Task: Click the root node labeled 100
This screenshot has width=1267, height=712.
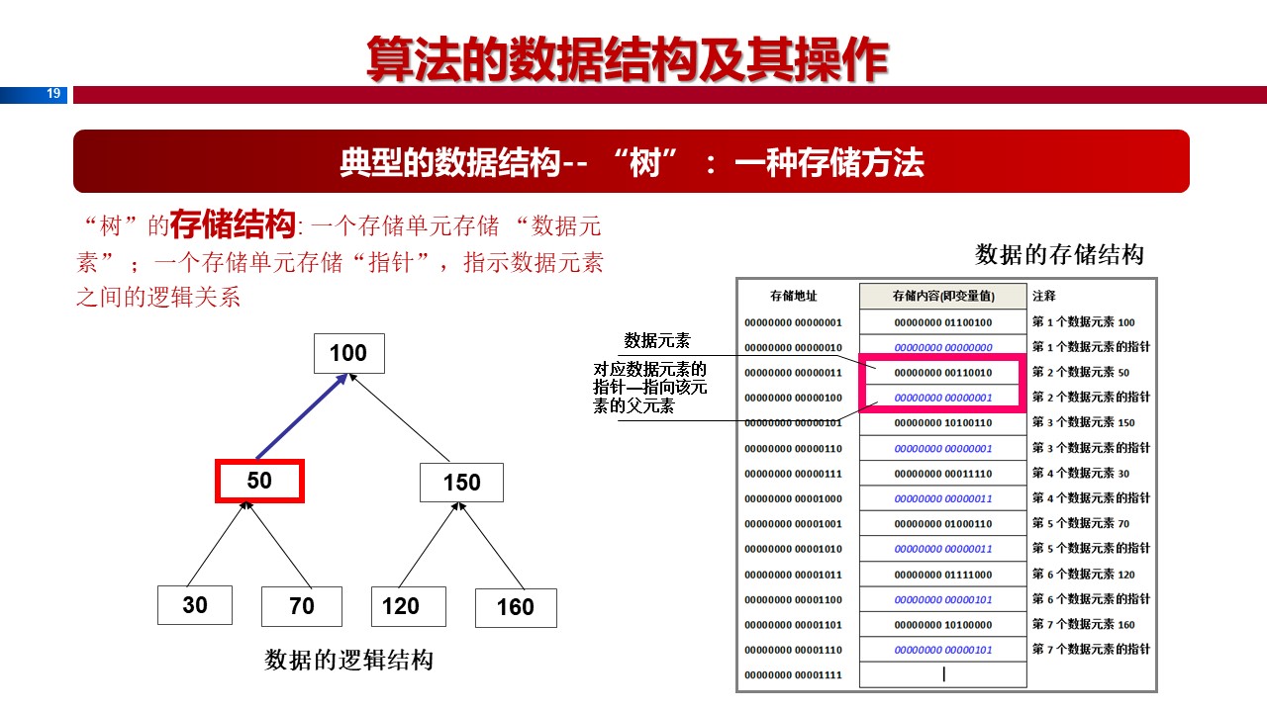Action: pyautogui.click(x=347, y=354)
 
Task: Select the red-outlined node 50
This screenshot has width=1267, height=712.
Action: pyautogui.click(x=259, y=482)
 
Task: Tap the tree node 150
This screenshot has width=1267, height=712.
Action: pyautogui.click(x=461, y=483)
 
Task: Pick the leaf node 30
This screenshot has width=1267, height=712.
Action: pyautogui.click(x=195, y=605)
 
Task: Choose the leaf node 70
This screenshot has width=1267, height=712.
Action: pyautogui.click(x=302, y=606)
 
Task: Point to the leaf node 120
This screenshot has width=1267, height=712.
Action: pyautogui.click(x=401, y=606)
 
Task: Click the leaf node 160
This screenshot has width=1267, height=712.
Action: pyautogui.click(x=515, y=607)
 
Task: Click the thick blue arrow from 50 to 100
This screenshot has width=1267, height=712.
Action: pyautogui.click(x=300, y=418)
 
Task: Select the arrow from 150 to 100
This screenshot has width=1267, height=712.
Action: pyautogui.click(x=402, y=419)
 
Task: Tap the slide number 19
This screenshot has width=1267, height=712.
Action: pyautogui.click(x=53, y=94)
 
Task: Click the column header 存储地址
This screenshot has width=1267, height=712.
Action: pyautogui.click(x=794, y=296)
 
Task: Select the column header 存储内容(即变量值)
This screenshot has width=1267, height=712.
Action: pyautogui.click(x=943, y=296)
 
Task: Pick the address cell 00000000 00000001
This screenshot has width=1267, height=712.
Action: pyautogui.click(x=794, y=322)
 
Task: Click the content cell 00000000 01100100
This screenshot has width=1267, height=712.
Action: pyautogui.click(x=943, y=322)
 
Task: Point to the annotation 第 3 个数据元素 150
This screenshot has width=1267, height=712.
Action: pyautogui.click(x=1084, y=423)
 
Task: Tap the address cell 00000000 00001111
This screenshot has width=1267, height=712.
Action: pyautogui.click(x=794, y=675)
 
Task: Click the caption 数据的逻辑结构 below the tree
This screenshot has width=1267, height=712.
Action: pyautogui.click(x=349, y=661)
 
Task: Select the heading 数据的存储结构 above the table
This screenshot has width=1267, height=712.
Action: pyautogui.click(x=1059, y=255)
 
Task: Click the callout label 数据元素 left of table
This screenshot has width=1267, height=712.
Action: pyautogui.click(x=657, y=342)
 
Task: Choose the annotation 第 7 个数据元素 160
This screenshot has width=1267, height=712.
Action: pyautogui.click(x=1084, y=625)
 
